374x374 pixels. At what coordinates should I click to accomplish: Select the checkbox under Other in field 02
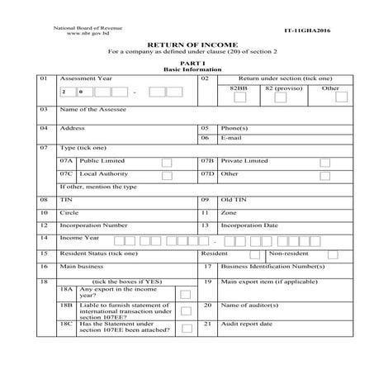pyautogui.click(x=330, y=98)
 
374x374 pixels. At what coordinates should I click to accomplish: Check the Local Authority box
pyautogui.click(x=167, y=176)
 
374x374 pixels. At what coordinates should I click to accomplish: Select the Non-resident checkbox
pyautogui.click(x=334, y=254)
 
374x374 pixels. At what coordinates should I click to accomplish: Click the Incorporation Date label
pyautogui.click(x=249, y=225)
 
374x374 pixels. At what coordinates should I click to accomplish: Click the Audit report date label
pyautogui.click(x=247, y=324)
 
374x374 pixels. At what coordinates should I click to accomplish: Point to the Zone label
pyautogui.click(x=229, y=213)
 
